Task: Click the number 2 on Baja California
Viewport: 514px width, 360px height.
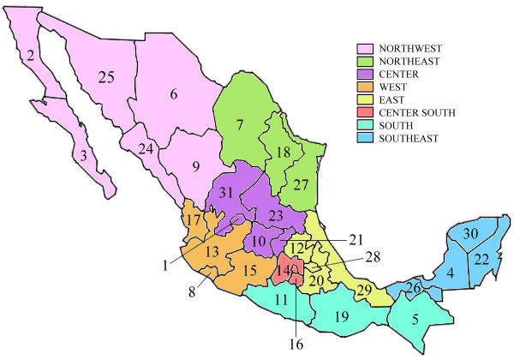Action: (31, 57)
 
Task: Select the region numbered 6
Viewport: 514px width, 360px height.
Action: (173, 96)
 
